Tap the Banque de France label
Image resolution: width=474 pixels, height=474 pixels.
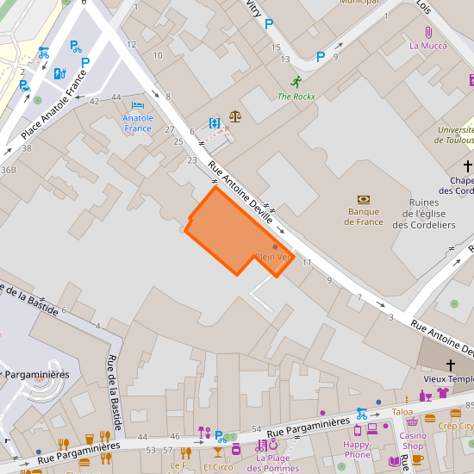pyautogui.click(x=364, y=216)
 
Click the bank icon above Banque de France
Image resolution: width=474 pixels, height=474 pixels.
pyautogui.click(x=364, y=198)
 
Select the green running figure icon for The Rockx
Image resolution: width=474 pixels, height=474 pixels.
pyautogui.click(x=296, y=82)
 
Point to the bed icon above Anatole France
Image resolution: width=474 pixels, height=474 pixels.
pyautogui.click(x=138, y=104)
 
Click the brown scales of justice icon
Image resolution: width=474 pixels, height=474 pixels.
pyautogui.click(x=235, y=114)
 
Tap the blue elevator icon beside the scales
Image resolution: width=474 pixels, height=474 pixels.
pyautogui.click(x=215, y=123)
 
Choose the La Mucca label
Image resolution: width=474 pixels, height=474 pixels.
pyautogui.click(x=427, y=46)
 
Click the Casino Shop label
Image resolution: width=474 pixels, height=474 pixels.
pyautogui.click(x=413, y=440)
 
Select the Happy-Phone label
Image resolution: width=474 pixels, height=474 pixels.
pyautogui.click(x=358, y=449)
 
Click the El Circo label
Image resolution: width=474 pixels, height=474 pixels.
pyautogui.click(x=219, y=466)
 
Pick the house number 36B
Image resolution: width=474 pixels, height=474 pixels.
pyautogui.click(x=9, y=170)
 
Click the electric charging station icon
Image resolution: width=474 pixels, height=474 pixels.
pyautogui.click(x=59, y=73)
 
